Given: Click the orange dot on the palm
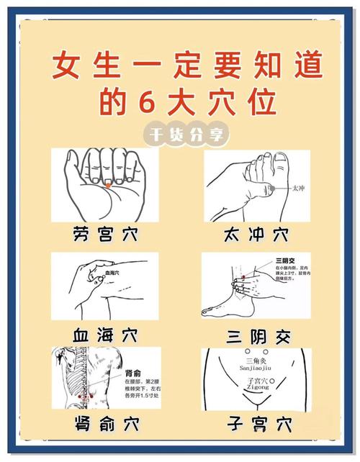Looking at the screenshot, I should click(107, 185).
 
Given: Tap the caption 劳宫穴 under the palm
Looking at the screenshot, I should click(105, 235).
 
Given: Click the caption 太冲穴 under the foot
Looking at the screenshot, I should click(256, 235).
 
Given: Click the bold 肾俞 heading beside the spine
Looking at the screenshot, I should click(133, 373).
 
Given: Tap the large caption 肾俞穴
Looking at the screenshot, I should click(105, 421).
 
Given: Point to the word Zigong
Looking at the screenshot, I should click(257, 387).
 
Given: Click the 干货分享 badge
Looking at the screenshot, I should click(179, 134).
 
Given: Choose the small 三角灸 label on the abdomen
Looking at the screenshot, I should click(257, 359).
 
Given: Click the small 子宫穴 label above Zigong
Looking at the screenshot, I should click(257, 380).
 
